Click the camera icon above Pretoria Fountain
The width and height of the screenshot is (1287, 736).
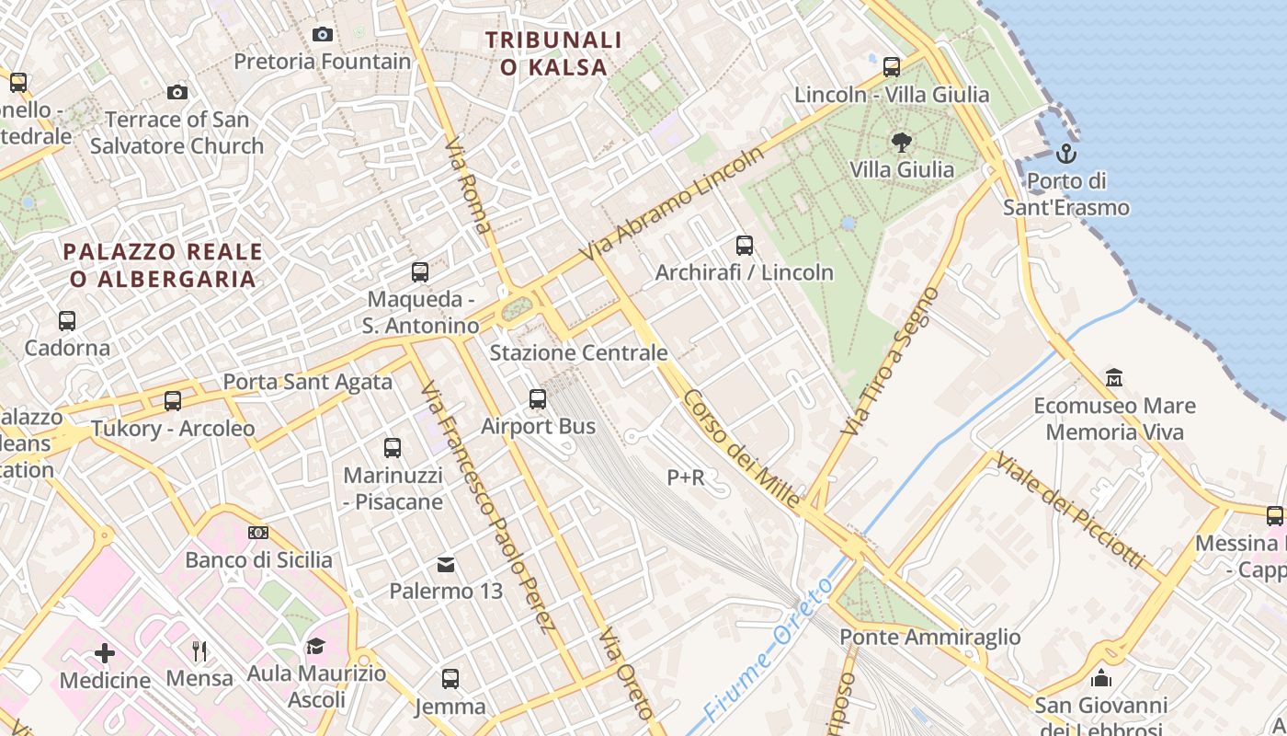point(323,34)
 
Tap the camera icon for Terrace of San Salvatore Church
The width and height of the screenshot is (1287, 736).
point(177,92)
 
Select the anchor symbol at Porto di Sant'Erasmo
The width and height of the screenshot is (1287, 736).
point(1066,153)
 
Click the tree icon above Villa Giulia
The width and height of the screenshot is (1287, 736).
point(902,142)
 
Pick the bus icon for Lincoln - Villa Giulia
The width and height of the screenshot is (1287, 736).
point(892,66)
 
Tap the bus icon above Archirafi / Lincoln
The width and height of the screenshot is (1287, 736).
point(745,246)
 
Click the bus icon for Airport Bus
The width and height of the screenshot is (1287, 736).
point(538,399)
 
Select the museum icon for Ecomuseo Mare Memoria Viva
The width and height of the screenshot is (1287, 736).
point(1114,377)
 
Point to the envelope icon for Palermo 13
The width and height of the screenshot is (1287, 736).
point(446,564)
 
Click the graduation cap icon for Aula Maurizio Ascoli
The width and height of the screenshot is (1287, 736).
point(316,646)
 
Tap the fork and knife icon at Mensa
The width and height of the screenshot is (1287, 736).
point(199,651)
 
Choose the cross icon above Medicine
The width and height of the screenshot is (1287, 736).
point(105,653)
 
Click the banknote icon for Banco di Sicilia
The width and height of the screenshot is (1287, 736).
point(258,533)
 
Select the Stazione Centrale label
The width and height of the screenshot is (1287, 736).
point(578,352)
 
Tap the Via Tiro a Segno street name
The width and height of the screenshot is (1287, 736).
point(890,362)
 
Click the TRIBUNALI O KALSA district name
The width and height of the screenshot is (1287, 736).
point(553,53)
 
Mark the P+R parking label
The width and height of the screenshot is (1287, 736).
point(686,477)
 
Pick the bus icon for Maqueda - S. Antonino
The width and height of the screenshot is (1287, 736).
point(420,272)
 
